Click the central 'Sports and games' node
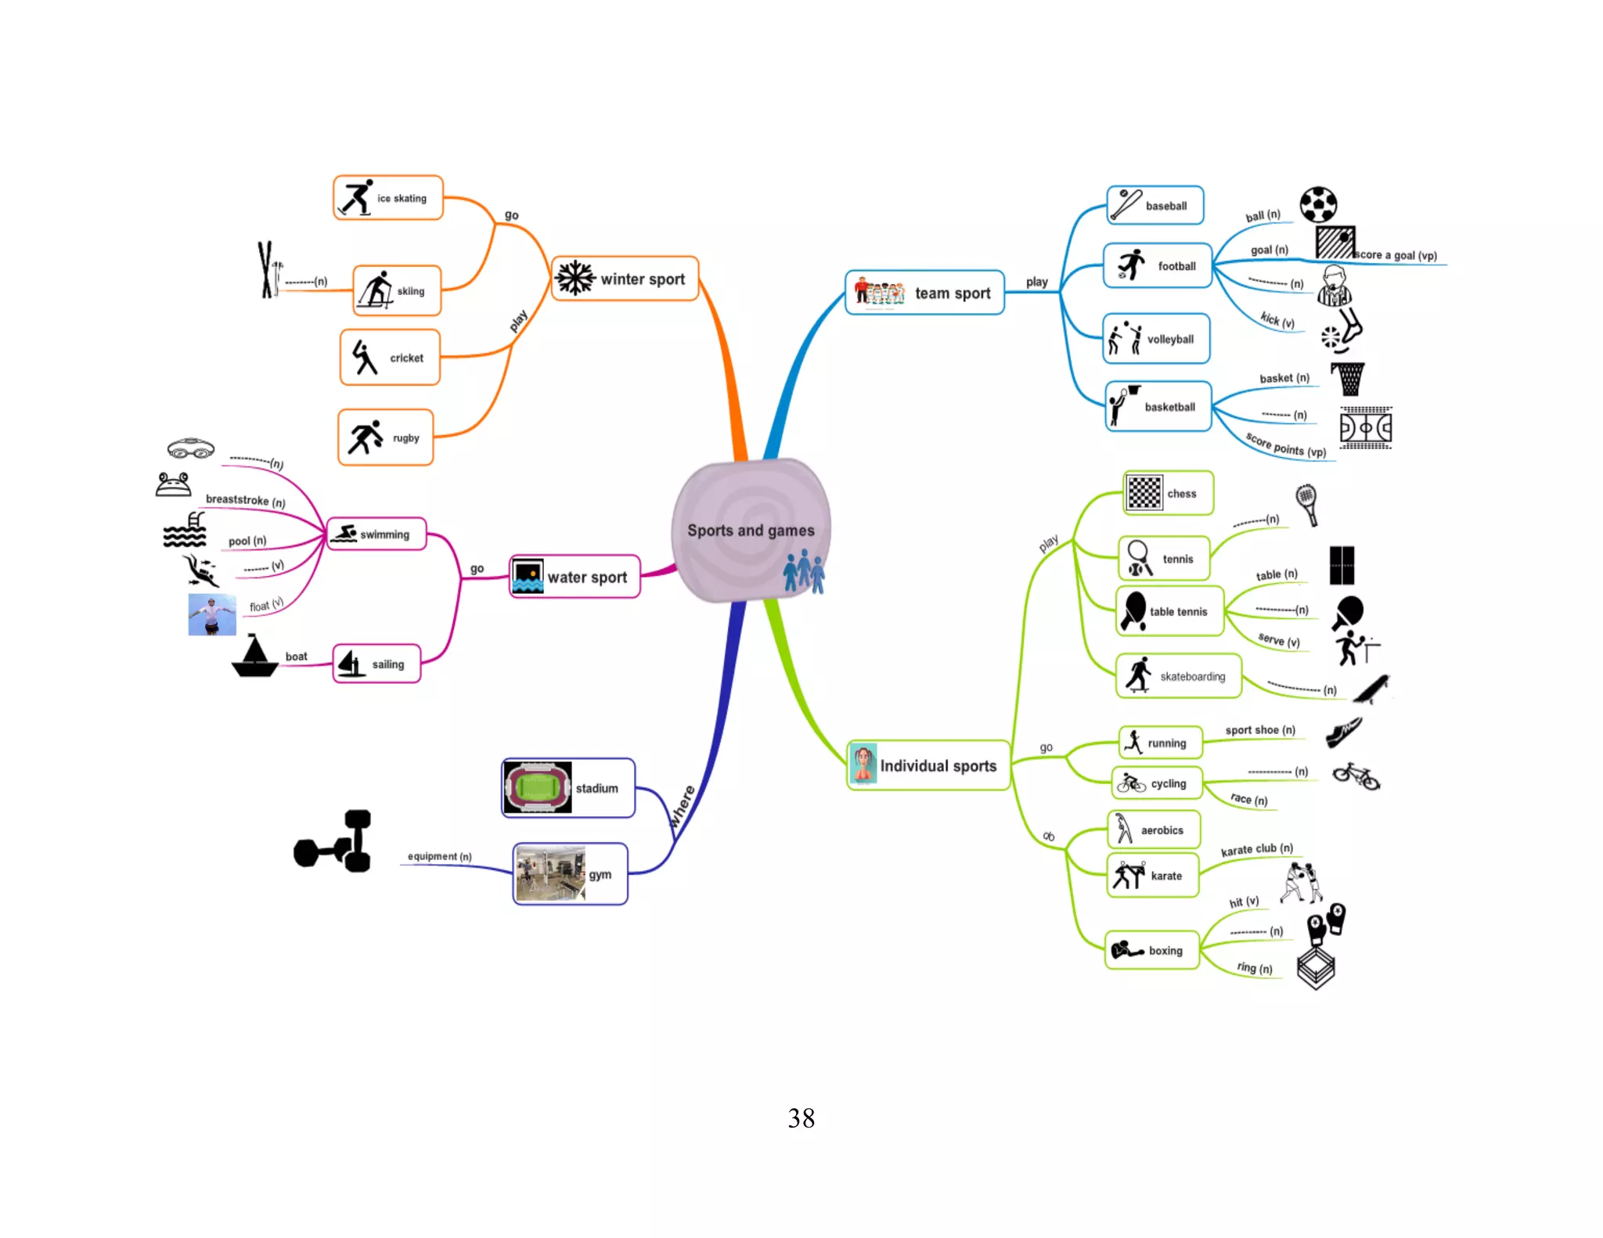750,530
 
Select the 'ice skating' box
388,198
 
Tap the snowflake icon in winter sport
575,278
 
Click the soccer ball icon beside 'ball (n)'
1318,205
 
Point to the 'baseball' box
1155,205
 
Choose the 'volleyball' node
1156,339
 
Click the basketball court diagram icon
1365,427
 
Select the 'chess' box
1168,493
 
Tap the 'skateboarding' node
1178,675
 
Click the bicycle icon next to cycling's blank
1356,776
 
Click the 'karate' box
1152,876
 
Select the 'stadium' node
568,788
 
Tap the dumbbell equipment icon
334,841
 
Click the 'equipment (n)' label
439,856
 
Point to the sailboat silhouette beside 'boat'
254,657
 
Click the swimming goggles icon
190,448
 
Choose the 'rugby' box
385,437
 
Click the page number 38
801,1117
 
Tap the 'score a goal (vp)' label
1396,255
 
